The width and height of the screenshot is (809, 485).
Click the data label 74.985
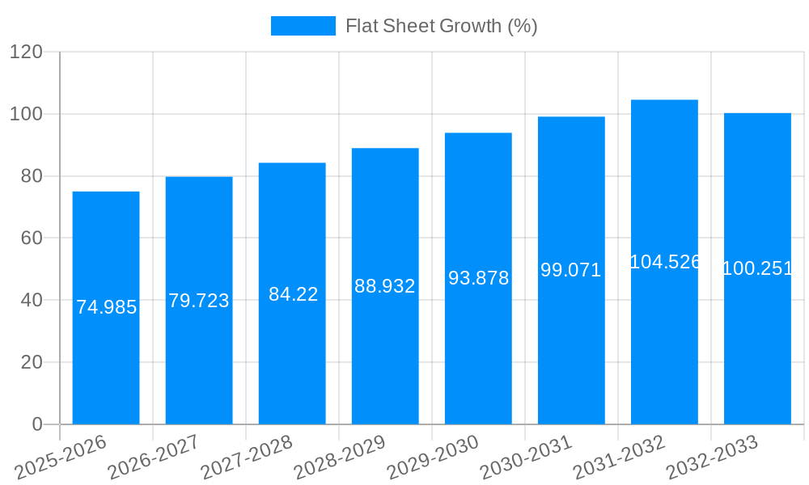106,307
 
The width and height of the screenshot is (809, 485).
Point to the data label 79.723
199,301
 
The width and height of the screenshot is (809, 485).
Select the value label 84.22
293,294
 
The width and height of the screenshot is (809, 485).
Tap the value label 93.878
478,278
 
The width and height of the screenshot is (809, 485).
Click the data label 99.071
571,270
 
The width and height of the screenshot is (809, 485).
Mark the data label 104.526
664,262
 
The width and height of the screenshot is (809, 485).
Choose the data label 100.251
757,268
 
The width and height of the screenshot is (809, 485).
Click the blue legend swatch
303,26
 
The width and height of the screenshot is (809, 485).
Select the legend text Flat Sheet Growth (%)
441,26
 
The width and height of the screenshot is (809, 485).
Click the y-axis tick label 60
32,238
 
